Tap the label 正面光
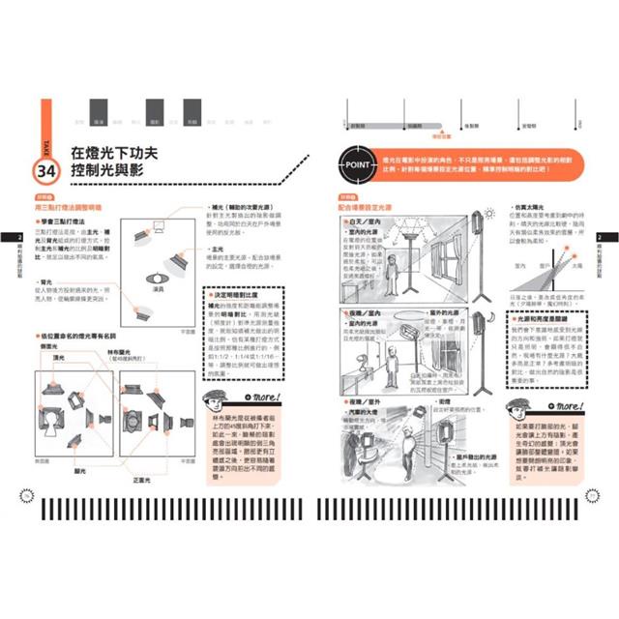[143, 479]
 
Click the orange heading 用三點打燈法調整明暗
[74, 206]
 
